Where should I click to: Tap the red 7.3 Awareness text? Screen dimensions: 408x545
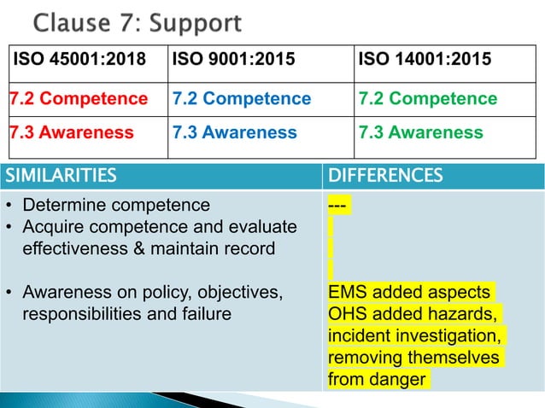pyautogui.click(x=72, y=133)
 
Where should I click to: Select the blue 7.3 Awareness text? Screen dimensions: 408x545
pyautogui.click(x=235, y=133)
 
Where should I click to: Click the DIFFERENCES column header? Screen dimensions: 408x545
pyautogui.click(x=385, y=176)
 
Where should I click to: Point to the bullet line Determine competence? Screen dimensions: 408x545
pyautogui.click(x=115, y=206)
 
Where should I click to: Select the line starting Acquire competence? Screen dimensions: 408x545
pyautogui.click(x=160, y=227)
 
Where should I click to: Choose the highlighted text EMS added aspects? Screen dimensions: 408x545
pyautogui.click(x=409, y=292)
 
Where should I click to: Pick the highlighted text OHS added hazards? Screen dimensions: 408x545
pyautogui.click(x=414, y=313)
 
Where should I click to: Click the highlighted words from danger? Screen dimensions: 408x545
pyautogui.click(x=377, y=378)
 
